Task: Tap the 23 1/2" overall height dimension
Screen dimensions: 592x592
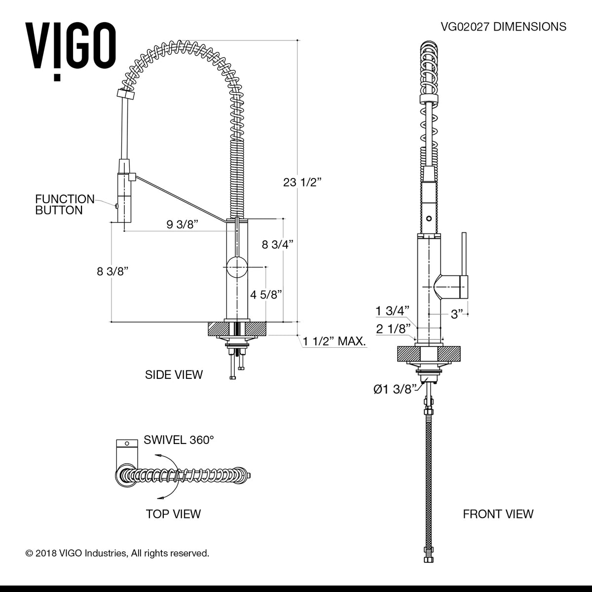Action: [x=302, y=182]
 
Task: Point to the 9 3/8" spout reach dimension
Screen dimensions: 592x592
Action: [x=182, y=225]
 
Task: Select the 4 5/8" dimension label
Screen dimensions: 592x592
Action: [x=266, y=295]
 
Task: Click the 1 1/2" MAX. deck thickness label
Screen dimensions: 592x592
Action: [x=334, y=341]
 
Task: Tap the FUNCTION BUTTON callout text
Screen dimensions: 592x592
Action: [x=64, y=205]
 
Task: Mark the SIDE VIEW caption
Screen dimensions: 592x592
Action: [x=174, y=374]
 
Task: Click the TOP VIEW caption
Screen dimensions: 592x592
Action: [x=173, y=514]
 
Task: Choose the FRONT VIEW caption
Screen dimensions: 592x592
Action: [x=498, y=514]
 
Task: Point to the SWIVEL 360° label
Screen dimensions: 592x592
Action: [x=179, y=440]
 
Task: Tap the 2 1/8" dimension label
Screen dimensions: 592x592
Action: [x=393, y=329]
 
